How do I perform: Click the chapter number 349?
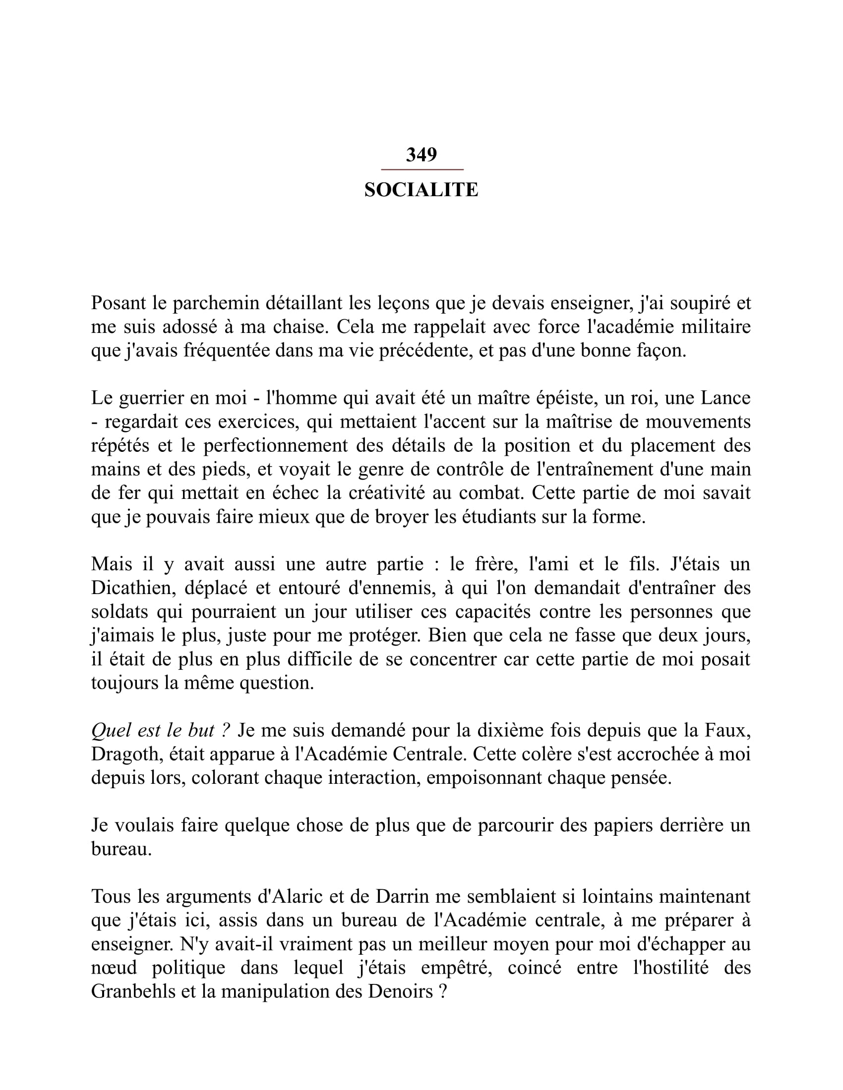point(421,155)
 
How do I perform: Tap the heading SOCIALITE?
point(421,190)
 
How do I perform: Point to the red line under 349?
point(422,170)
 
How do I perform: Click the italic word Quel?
point(109,730)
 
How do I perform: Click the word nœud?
point(114,968)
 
